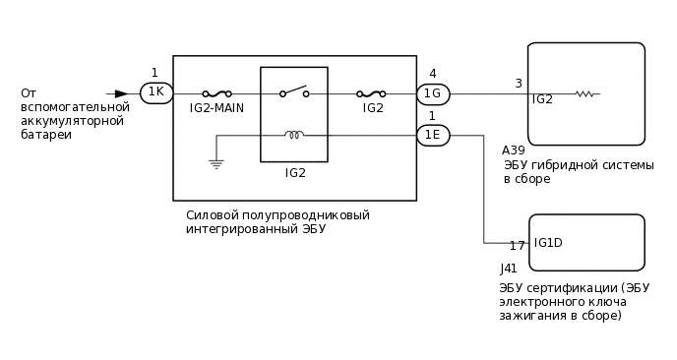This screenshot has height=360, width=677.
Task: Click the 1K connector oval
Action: click(156, 93)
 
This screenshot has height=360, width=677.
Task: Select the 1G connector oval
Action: click(433, 94)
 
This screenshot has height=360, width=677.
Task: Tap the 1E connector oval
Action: click(433, 136)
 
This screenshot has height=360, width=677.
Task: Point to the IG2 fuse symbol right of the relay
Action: click(373, 94)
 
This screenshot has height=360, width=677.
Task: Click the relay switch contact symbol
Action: click(294, 92)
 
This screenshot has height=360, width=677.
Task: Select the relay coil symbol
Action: click(294, 135)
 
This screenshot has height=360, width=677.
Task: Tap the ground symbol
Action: click(215, 164)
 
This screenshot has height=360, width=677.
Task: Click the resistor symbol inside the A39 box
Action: click(585, 94)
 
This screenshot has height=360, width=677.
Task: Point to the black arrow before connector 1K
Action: click(121, 93)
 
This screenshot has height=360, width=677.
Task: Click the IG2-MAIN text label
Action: click(215, 108)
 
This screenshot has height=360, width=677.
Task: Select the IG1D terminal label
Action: click(548, 243)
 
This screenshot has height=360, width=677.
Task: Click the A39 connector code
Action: click(513, 150)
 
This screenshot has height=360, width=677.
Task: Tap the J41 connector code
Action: click(509, 268)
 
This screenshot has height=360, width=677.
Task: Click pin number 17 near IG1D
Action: click(517, 246)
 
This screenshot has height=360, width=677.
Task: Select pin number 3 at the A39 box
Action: click(519, 84)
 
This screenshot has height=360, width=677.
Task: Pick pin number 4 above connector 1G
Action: click(432, 74)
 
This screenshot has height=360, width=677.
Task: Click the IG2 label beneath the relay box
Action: click(295, 173)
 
